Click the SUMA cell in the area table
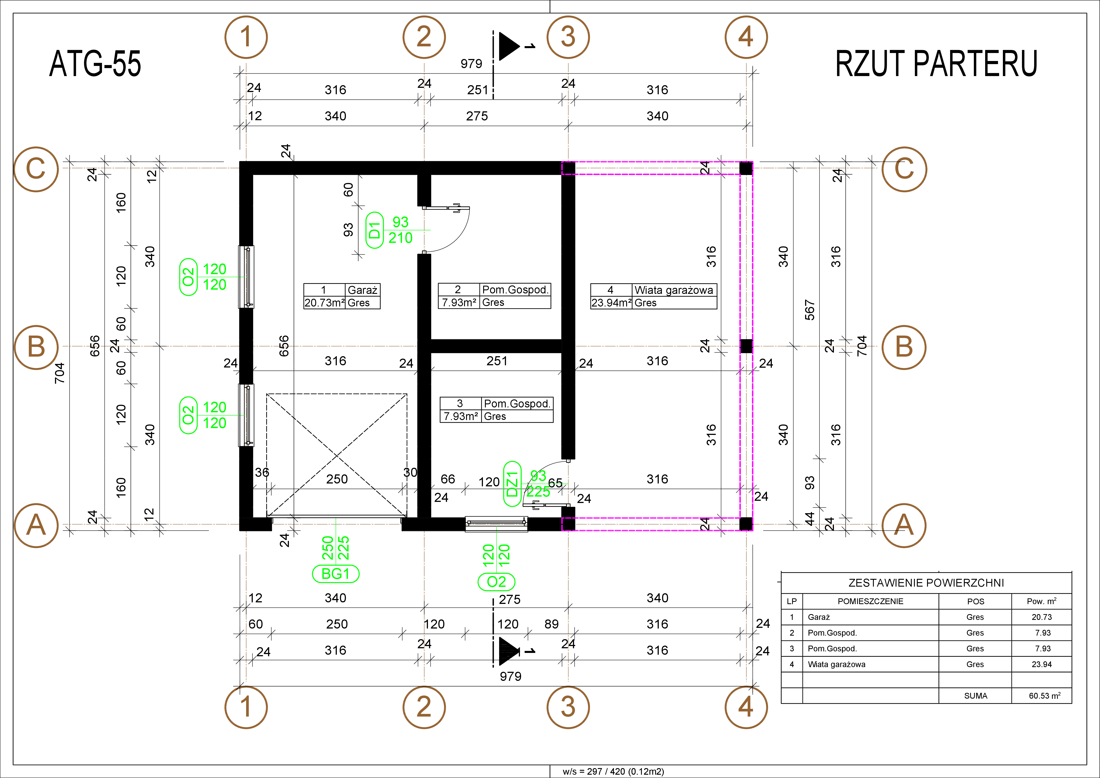click(x=975, y=695)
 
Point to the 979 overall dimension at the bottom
click(x=510, y=676)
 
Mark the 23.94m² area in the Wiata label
click(x=611, y=303)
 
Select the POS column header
click(x=975, y=601)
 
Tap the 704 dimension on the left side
click(x=59, y=373)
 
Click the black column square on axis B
click(x=746, y=346)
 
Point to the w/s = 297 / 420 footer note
click(x=613, y=771)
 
